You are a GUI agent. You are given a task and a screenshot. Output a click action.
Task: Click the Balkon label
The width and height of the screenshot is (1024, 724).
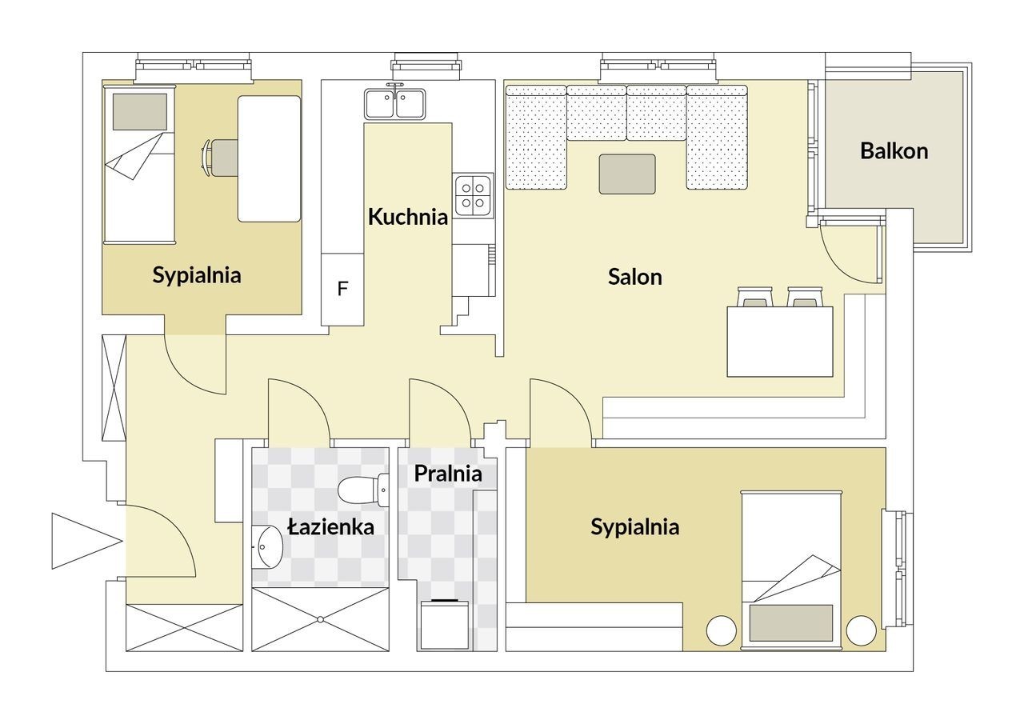894,151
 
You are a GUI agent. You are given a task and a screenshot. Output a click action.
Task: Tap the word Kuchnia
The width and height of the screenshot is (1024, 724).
408,217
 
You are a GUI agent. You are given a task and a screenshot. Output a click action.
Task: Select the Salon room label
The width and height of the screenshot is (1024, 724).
635,277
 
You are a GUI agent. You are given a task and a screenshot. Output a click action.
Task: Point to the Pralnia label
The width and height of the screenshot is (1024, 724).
448,474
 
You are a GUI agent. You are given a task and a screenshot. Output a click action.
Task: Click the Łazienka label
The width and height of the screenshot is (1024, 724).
330,527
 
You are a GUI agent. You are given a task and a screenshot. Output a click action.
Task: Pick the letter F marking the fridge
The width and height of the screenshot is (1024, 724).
342,289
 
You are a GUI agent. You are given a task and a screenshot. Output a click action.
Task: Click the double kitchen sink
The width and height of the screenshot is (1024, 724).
395,103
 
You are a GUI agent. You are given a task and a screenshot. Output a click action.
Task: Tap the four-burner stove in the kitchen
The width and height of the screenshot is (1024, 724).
473,195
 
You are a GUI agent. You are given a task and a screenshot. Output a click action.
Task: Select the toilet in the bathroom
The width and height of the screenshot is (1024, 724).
363,490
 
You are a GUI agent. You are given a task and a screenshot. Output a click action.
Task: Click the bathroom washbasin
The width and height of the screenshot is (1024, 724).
267,546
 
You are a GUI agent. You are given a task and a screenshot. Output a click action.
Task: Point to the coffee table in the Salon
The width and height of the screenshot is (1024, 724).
627,174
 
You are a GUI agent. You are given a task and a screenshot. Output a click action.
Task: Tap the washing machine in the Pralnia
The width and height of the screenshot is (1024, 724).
445,625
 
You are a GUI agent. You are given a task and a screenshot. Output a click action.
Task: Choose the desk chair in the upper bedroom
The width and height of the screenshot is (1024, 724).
219,158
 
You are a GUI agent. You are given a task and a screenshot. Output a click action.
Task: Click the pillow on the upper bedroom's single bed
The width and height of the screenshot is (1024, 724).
139,111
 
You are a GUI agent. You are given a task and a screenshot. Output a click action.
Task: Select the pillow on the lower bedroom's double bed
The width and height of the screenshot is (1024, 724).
791,623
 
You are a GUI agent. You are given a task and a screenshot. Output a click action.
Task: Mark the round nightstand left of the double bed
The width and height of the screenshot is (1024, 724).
722,630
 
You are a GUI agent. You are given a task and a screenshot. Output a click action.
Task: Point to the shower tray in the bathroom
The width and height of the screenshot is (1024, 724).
321,619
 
